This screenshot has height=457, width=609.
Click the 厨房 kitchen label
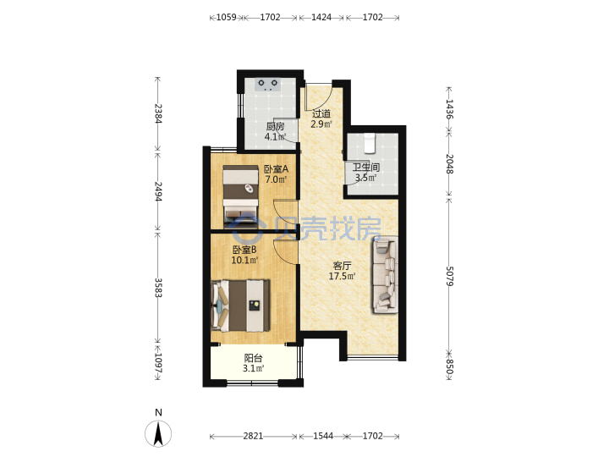tap(275, 126)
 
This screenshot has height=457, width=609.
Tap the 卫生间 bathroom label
tap(365, 168)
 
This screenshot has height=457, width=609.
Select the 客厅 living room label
tap(343, 266)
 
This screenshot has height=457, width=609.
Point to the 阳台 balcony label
tap(253, 358)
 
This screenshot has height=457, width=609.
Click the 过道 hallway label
tap(321, 114)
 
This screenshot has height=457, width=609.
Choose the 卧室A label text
tap(276, 169)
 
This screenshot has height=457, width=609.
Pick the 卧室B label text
tap(244, 250)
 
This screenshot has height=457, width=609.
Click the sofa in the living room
tap(385, 275)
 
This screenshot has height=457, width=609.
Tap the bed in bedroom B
tap(241, 306)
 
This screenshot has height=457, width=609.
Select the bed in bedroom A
tap(241, 196)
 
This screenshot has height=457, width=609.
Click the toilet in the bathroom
tap(369, 143)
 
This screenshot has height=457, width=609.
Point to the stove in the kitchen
tap(268, 85)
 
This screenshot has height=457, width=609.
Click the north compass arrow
tap(158, 434)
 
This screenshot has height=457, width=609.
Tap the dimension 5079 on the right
tap(449, 276)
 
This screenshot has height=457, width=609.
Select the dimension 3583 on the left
tap(157, 288)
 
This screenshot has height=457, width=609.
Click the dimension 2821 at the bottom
tap(253, 436)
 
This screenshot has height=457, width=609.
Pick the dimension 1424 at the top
tap(321, 17)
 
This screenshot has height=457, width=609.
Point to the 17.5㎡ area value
tap(343, 276)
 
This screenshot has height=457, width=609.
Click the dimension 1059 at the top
tap(226, 17)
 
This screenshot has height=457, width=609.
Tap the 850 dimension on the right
tap(449, 366)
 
